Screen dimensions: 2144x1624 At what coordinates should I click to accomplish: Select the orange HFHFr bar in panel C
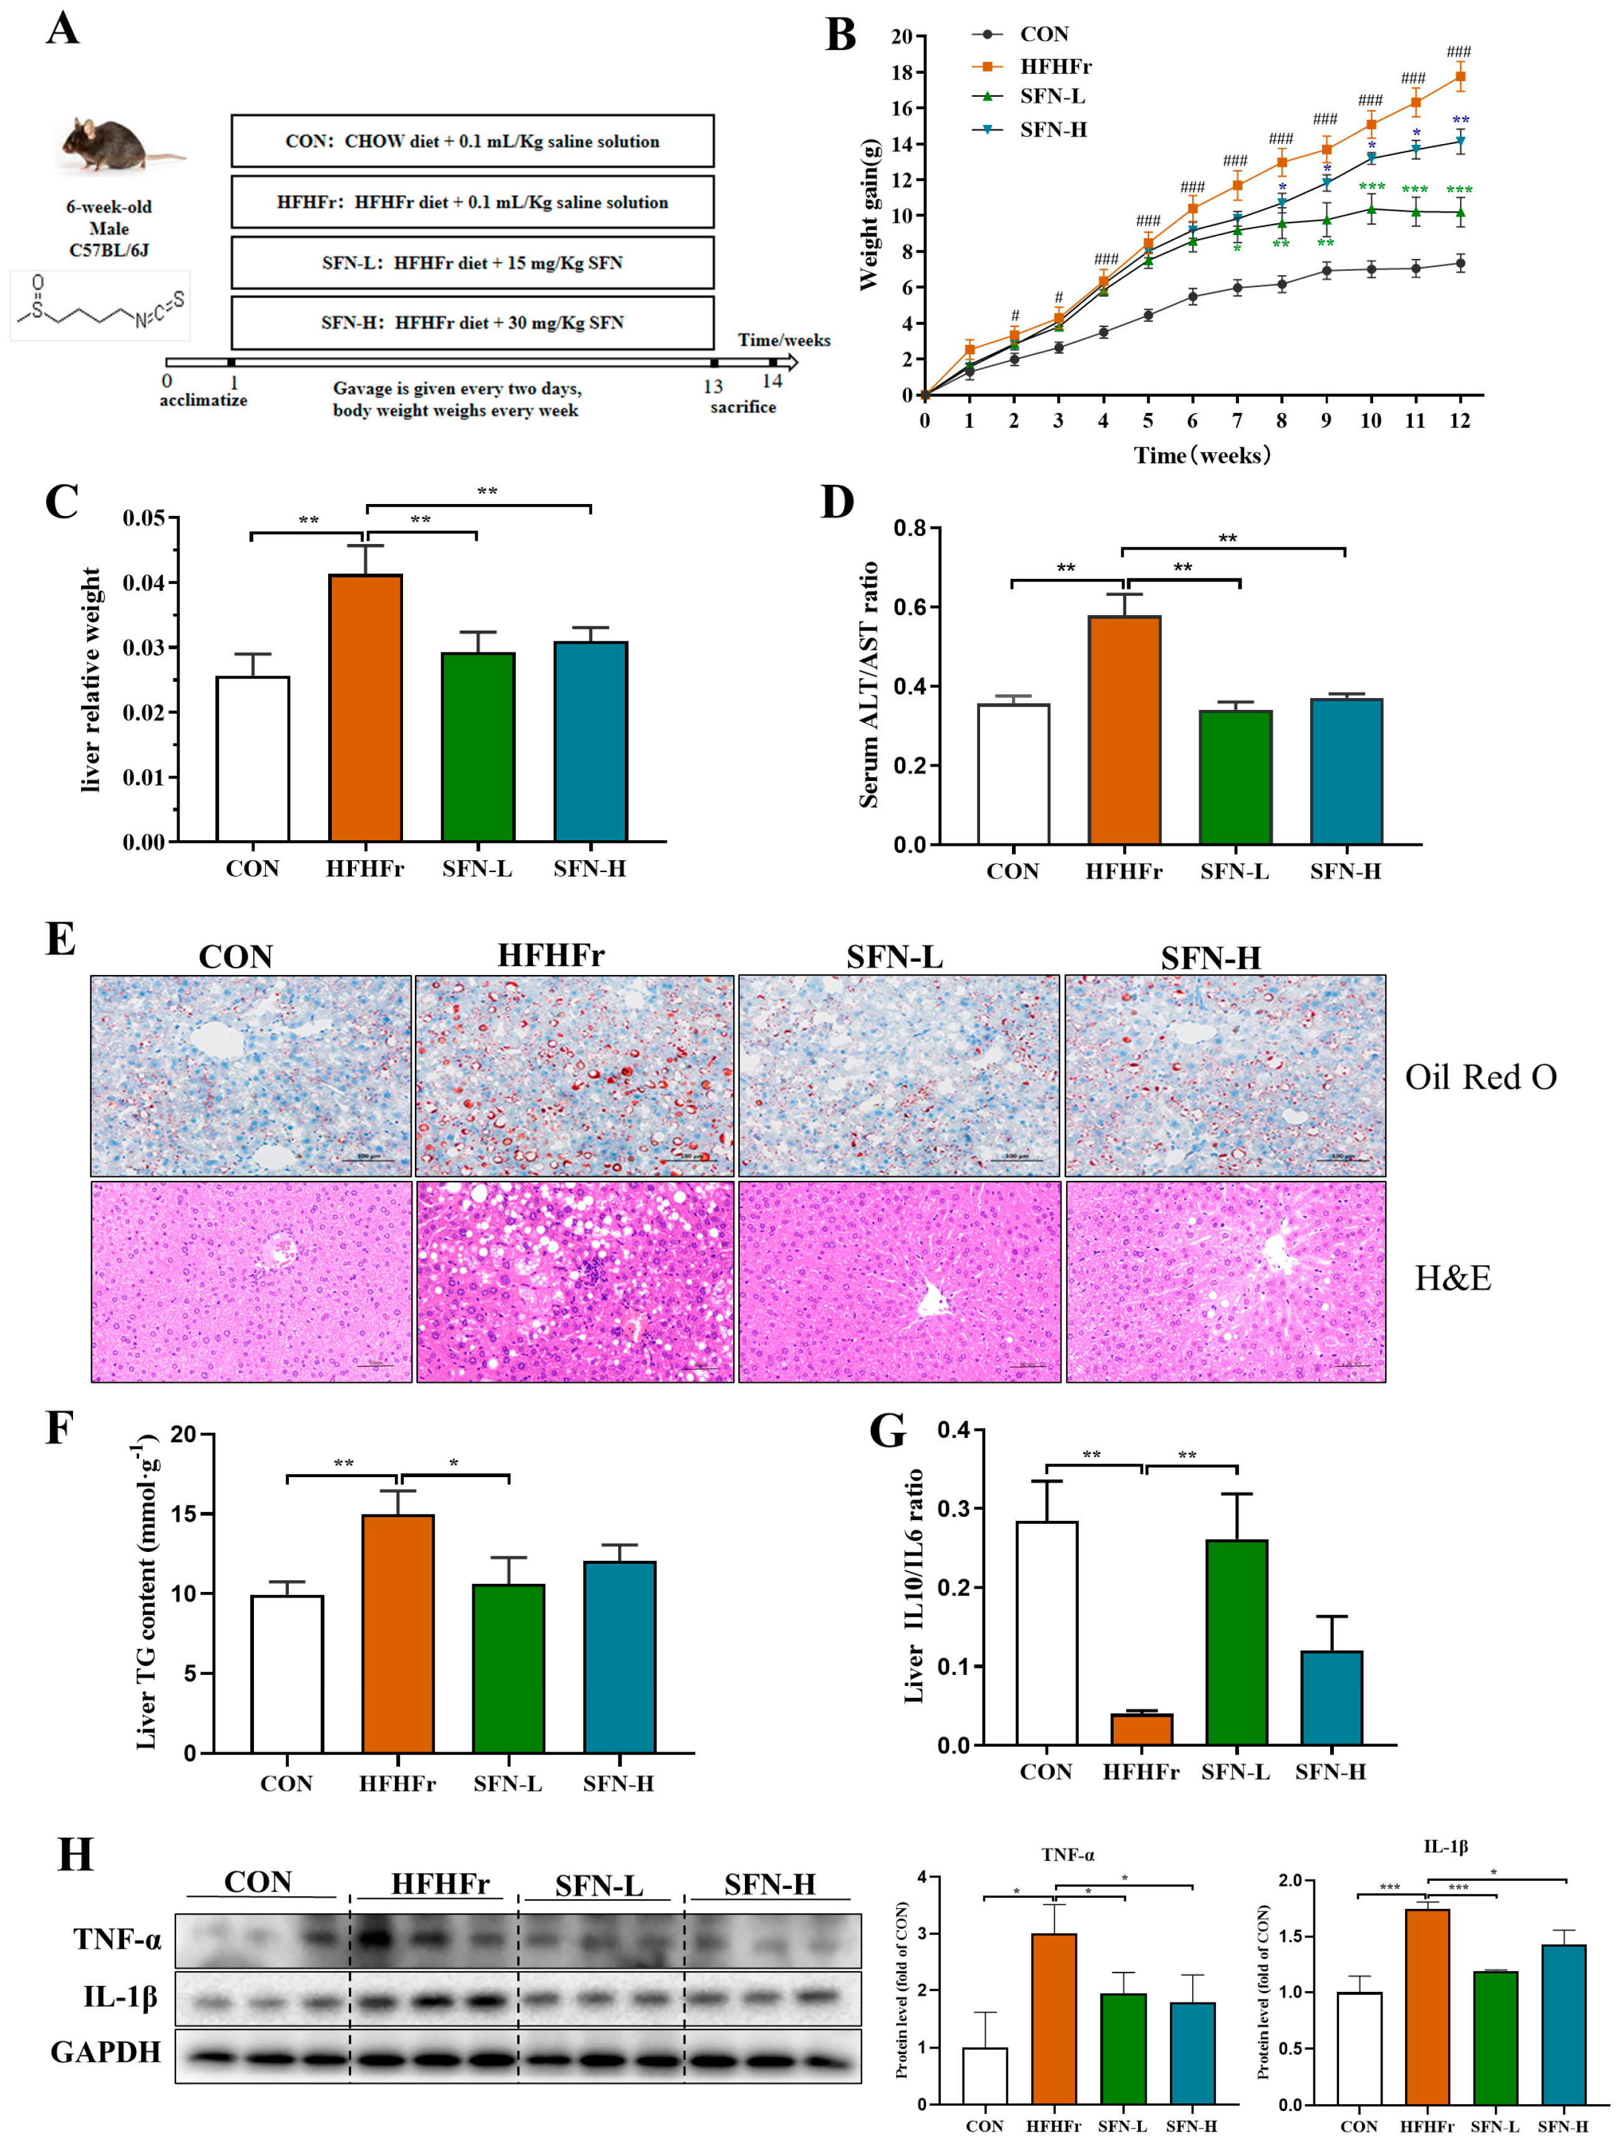366,707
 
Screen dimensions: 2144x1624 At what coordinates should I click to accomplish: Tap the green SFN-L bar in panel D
1234,777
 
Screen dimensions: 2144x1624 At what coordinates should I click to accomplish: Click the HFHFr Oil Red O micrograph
574,1076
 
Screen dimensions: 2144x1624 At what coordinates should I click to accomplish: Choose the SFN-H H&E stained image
1225,1281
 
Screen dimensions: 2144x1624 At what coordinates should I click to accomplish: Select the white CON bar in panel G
1046,1633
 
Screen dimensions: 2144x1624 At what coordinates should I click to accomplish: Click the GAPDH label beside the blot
105,2052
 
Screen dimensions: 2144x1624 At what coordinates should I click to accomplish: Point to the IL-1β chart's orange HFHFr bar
1426,2006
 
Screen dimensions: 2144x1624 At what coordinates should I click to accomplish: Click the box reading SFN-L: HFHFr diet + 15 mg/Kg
472,263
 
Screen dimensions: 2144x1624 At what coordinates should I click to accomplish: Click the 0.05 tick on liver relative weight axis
145,518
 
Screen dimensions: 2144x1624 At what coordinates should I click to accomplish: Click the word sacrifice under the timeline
742,407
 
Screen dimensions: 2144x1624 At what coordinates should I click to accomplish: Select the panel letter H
75,1853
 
